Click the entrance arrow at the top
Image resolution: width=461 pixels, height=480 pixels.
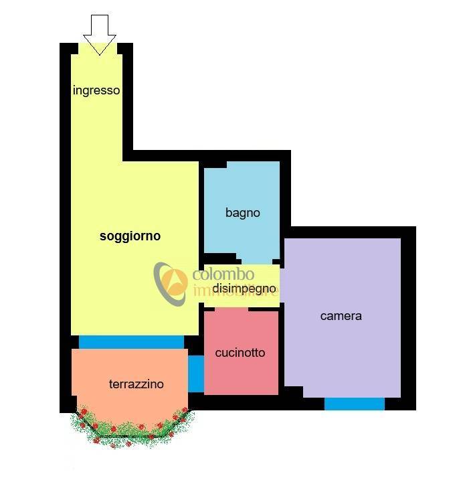(100, 34)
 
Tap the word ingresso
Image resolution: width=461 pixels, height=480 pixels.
(96, 90)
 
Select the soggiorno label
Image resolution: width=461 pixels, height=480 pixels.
(130, 236)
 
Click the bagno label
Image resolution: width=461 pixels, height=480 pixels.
(243, 213)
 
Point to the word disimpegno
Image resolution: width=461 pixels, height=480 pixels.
(244, 289)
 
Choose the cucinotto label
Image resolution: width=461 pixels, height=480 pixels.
(240, 353)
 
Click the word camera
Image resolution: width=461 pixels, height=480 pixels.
(341, 316)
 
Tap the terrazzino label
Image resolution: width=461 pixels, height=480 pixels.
(136, 384)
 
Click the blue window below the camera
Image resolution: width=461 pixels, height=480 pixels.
(354, 404)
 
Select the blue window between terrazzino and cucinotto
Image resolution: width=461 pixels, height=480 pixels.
(196, 374)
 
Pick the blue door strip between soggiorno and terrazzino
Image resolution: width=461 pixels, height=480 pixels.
(131, 342)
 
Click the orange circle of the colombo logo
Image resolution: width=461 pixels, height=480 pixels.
(175, 282)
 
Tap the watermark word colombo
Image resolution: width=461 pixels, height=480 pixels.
(223, 274)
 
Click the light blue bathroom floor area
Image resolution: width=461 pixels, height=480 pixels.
(242, 208)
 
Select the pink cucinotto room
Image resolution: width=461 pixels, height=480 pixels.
(241, 352)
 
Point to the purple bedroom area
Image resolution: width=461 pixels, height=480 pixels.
(343, 317)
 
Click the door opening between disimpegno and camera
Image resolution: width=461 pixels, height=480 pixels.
(282, 286)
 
